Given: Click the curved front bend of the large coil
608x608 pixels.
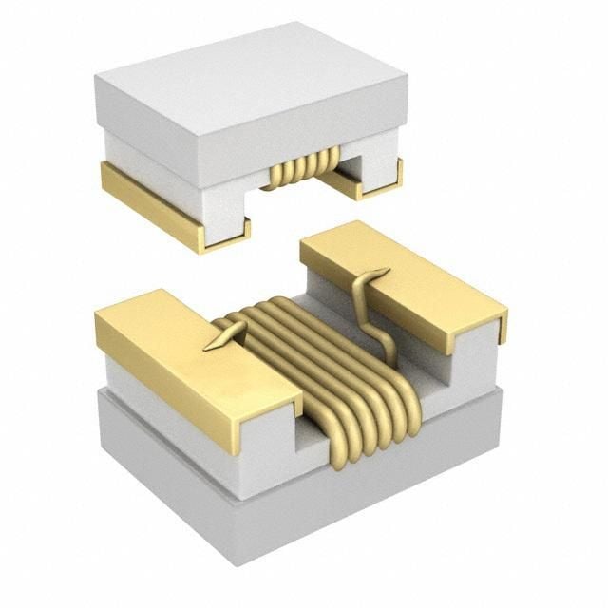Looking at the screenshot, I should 380,418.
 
